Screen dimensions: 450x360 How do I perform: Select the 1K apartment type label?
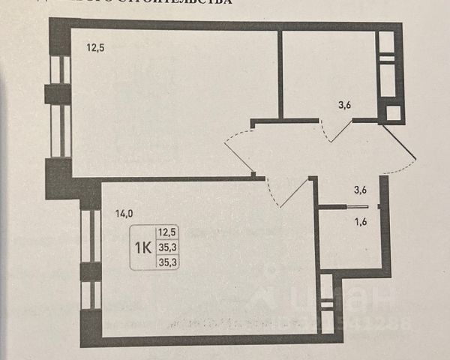tap(142, 247)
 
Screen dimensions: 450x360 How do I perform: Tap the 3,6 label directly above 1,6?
tap(361, 190)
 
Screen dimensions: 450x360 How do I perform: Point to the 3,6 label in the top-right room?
tap(344, 105)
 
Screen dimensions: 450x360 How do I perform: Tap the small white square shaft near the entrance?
tap(393, 114)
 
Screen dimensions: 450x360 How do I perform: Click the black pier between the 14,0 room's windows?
tap(89, 271)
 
